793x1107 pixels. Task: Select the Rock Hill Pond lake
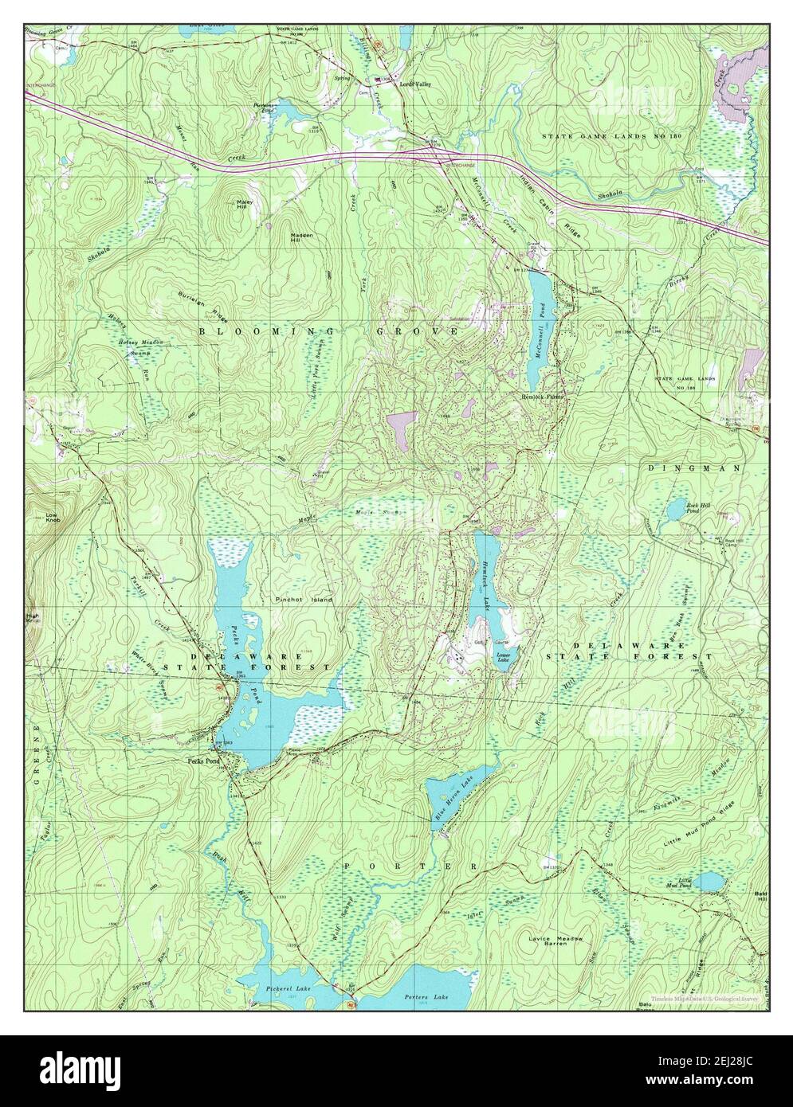tap(676, 507)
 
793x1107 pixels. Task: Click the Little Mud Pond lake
tap(709, 882)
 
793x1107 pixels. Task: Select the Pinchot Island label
tap(304, 599)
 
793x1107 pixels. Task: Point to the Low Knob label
tap(53, 518)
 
